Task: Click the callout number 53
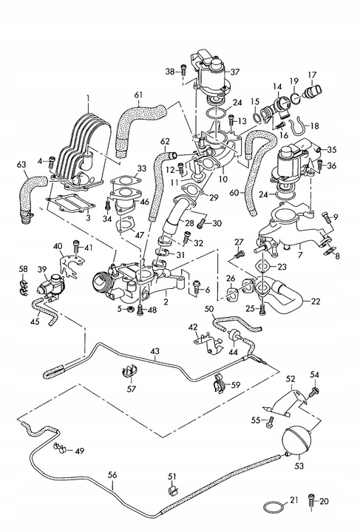coord(299,466)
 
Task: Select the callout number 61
coord(140,95)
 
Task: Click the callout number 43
coord(154,353)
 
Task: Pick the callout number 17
coord(312,75)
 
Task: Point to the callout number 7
coord(279,255)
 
